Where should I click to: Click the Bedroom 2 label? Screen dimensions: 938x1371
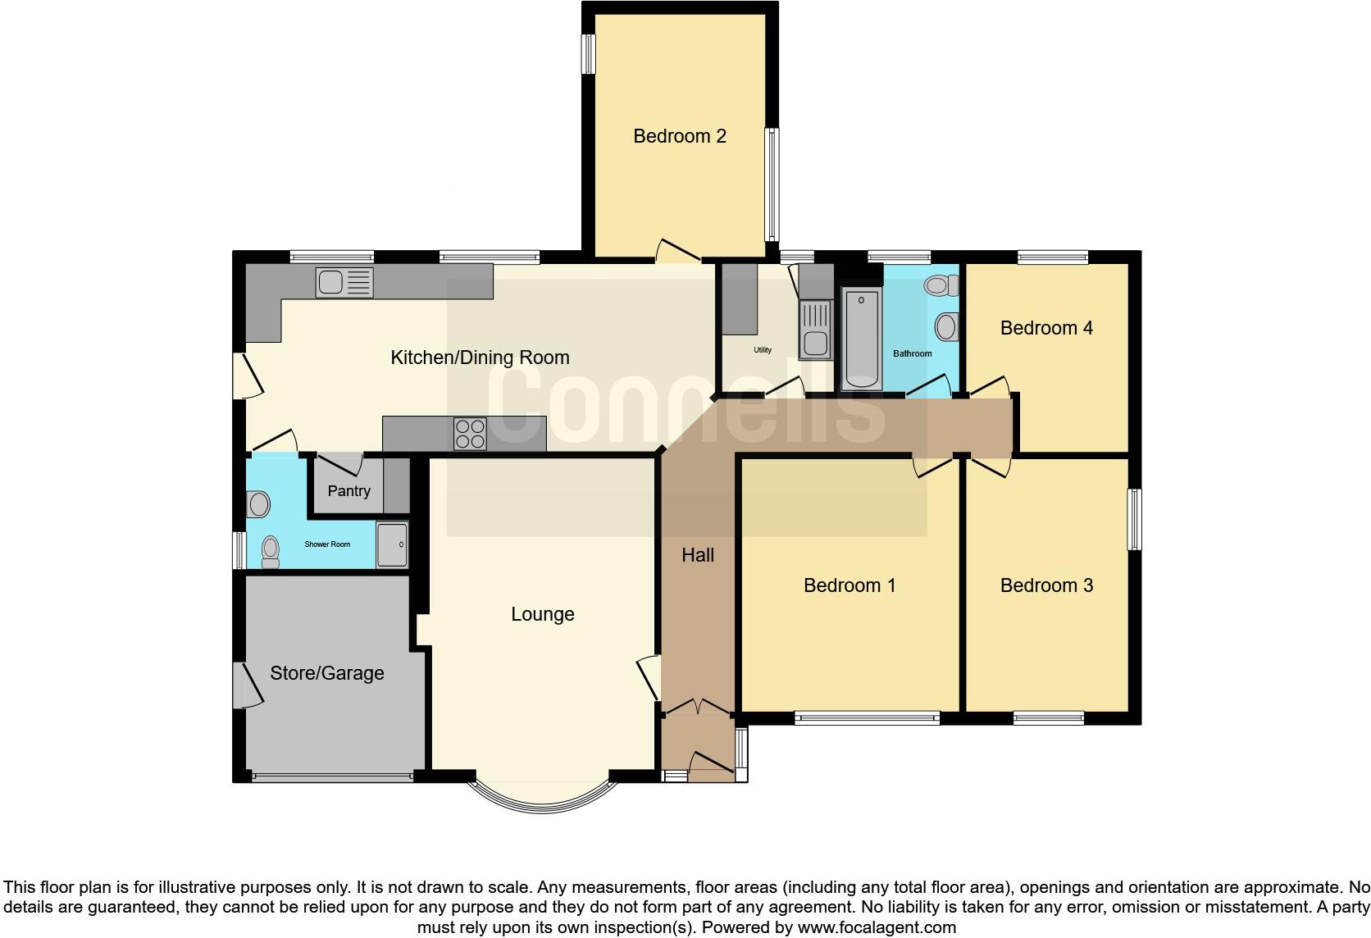680,136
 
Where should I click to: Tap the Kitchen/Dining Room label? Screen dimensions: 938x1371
480,357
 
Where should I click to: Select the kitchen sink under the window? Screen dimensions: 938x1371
344,283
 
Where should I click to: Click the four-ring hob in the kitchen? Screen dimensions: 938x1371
470,434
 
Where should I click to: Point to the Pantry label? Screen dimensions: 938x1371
348,491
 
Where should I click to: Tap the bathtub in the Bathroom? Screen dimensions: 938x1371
861,339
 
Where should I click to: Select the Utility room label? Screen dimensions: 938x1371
763,350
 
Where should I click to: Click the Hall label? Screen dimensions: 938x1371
698,555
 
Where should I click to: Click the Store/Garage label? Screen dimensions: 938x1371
327,673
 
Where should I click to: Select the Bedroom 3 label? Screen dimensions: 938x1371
1046,585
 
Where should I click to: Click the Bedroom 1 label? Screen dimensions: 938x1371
849,585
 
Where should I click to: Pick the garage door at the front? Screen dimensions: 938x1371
332,776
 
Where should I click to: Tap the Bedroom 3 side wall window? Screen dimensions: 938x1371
1135,519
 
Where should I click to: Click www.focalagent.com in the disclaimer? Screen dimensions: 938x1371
876,928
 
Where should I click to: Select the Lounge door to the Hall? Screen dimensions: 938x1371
649,676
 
